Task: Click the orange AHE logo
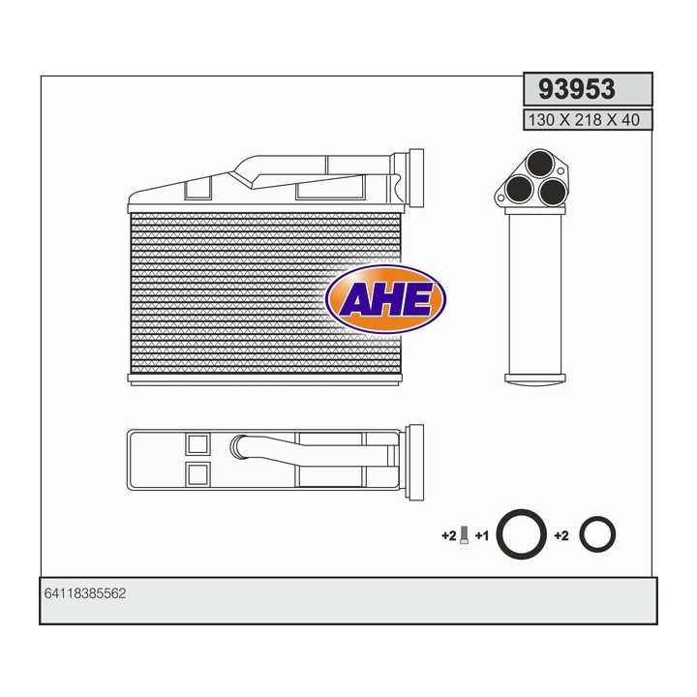pyautogui.click(x=386, y=300)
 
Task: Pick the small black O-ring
pyautogui.click(x=596, y=533)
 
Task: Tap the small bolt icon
pyautogui.click(x=466, y=533)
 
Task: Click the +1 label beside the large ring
pyautogui.click(x=482, y=534)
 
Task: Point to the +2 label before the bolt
pyautogui.click(x=448, y=534)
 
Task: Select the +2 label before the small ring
pyautogui.click(x=561, y=534)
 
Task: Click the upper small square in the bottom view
pyautogui.click(x=197, y=444)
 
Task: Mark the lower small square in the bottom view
pyautogui.click(x=197, y=474)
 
